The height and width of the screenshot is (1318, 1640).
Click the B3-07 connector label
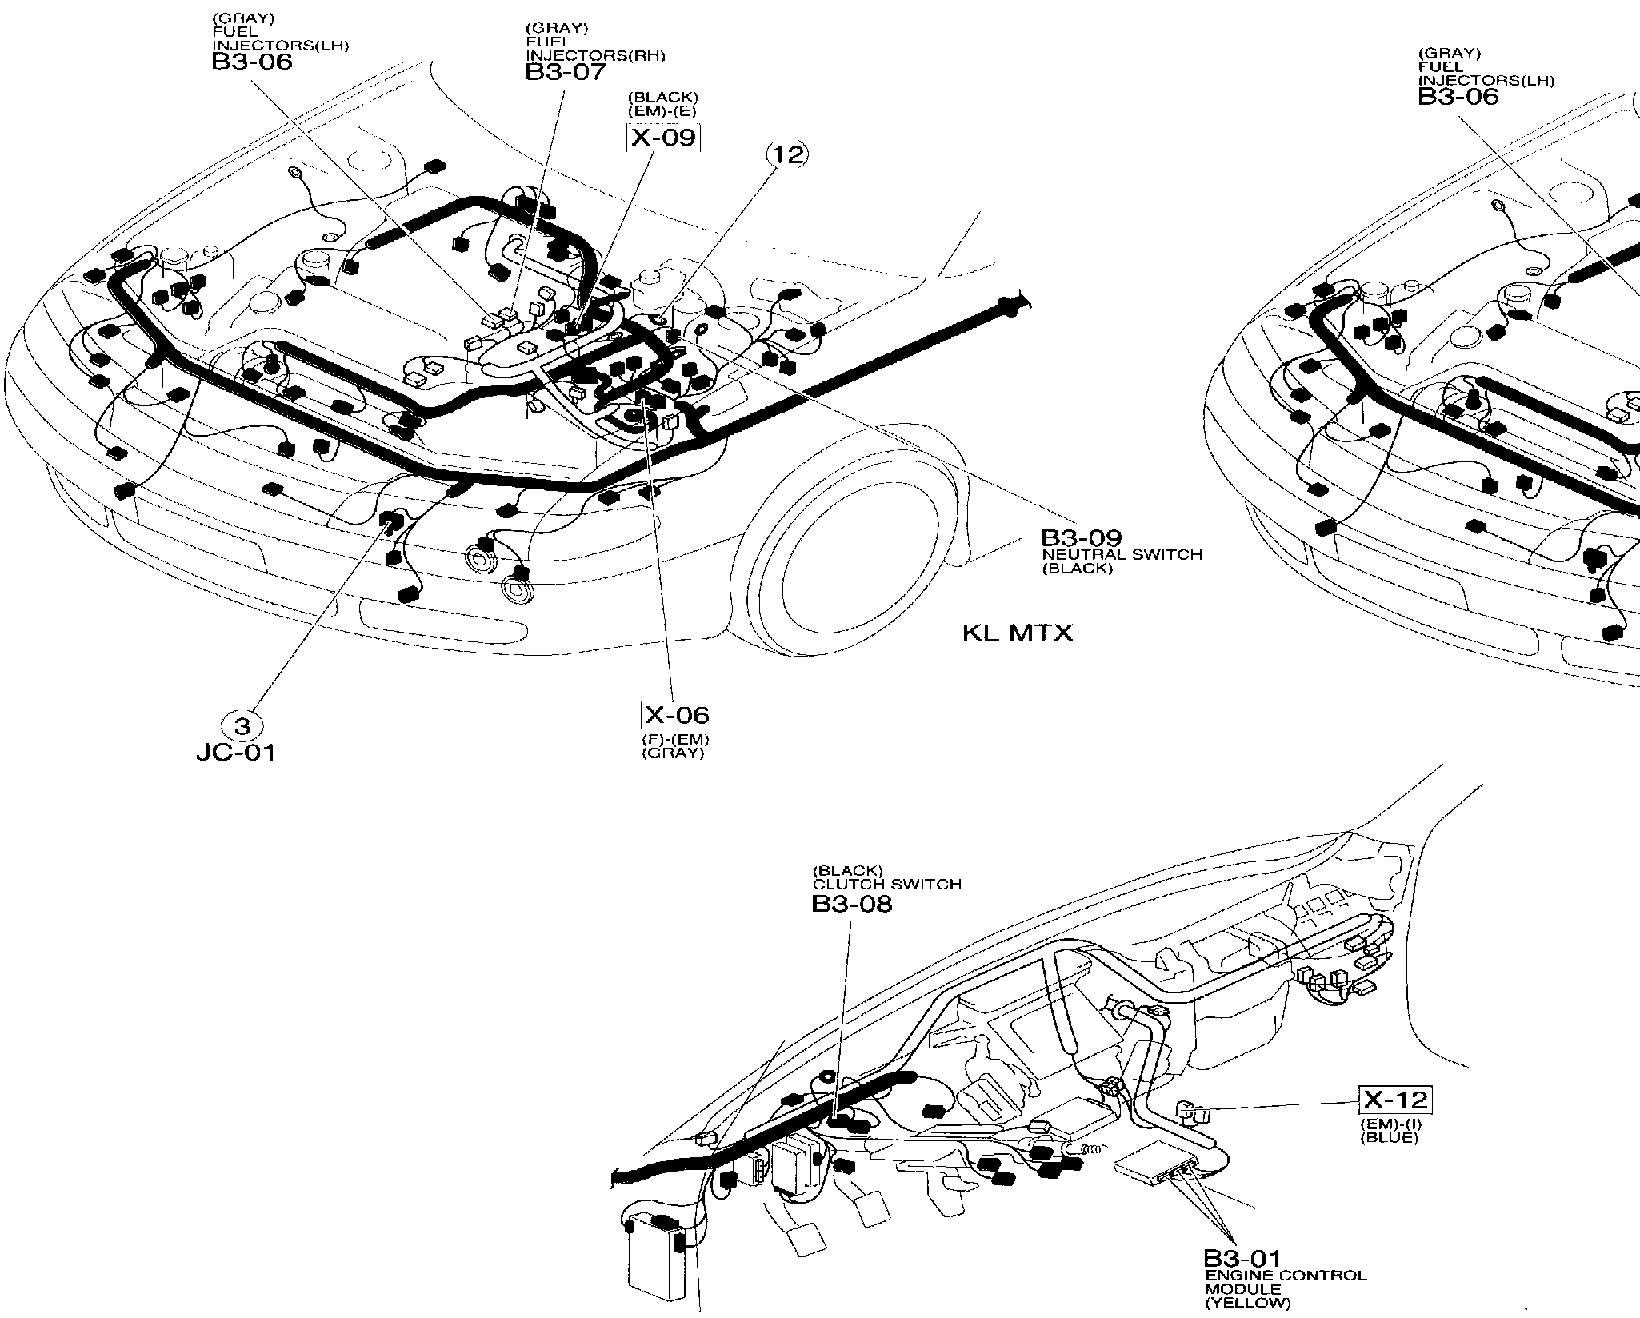(x=566, y=71)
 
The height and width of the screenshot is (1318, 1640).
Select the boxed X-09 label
(x=662, y=138)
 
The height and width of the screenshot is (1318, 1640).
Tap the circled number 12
(x=788, y=155)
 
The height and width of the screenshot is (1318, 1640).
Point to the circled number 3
(x=242, y=726)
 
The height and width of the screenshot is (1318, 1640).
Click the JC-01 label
(x=236, y=753)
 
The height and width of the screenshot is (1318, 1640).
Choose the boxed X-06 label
(x=677, y=714)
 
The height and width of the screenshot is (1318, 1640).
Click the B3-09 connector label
(x=1081, y=538)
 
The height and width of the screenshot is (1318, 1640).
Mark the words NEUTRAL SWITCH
(x=1122, y=554)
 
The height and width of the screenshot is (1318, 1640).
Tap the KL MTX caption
(x=1017, y=633)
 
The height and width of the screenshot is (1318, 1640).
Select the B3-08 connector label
(x=851, y=904)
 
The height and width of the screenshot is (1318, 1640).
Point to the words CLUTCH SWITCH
(x=887, y=885)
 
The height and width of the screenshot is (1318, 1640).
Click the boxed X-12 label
(x=1396, y=1100)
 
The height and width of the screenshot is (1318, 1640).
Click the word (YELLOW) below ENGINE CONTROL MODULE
(x=1248, y=1304)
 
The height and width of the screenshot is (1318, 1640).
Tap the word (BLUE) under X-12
(x=1389, y=1137)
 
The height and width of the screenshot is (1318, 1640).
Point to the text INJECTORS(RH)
(x=595, y=56)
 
